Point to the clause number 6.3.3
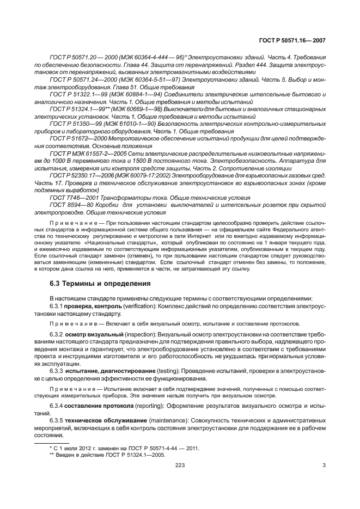click(x=57, y=370)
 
